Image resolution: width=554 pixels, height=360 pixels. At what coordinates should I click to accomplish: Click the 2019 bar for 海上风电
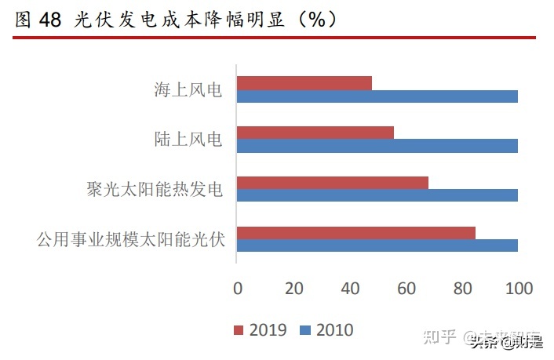[x=304, y=83]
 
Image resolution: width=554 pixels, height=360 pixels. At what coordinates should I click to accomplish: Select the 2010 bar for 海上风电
[x=377, y=96]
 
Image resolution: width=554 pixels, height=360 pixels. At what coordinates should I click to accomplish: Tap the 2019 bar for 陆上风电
[x=315, y=133]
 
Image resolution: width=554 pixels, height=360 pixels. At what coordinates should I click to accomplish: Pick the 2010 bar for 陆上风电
[x=377, y=146]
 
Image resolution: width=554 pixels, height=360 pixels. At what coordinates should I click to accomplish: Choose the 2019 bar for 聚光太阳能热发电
[x=332, y=183]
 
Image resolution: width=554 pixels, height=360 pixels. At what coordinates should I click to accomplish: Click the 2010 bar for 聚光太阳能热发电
[x=377, y=195]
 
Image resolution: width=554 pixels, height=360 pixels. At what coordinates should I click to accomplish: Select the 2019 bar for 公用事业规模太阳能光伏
[x=355, y=232]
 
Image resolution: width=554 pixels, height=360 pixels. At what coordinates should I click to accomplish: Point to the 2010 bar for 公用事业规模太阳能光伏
[x=377, y=245]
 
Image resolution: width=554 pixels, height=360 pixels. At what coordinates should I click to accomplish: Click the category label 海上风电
[x=189, y=90]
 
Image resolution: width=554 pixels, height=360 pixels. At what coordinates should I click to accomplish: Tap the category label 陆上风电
[x=189, y=140]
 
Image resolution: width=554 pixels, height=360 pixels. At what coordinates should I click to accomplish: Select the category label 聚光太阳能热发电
[x=155, y=189]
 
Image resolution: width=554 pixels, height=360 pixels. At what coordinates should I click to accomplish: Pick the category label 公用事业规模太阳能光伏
[x=131, y=239]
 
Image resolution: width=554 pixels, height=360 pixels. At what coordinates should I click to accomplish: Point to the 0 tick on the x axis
[x=238, y=289]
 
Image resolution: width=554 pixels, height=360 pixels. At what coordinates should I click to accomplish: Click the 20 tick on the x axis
[x=294, y=289]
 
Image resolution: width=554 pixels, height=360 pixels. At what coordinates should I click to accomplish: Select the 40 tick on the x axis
[x=350, y=289]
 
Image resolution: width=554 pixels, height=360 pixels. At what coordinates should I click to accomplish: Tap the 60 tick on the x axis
[x=406, y=289]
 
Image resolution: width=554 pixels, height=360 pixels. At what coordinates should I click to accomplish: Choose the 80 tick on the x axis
[x=462, y=289]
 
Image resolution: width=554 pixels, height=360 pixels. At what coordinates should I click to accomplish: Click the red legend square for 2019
[x=239, y=330]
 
